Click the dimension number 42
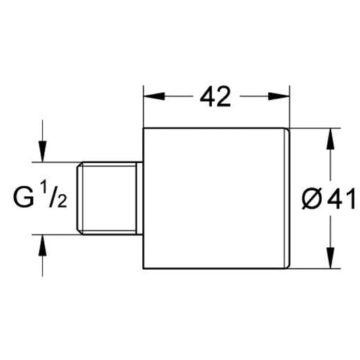tap(215, 97)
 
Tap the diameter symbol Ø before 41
tap(312, 199)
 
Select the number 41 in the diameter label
tap(341, 199)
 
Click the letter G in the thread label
tap(24, 197)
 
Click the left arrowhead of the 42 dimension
tap(154, 97)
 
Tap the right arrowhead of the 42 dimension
tap(279, 97)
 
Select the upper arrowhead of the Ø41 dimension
tap(330, 138)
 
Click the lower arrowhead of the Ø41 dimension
tap(330, 257)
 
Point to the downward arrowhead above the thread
tap(43, 151)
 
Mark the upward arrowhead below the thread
tap(43, 245)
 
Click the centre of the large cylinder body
tap(213, 198)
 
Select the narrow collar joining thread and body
tap(139, 199)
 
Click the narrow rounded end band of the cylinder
tap(287, 198)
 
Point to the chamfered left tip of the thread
tap(80, 199)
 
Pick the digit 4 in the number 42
tap(207, 97)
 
